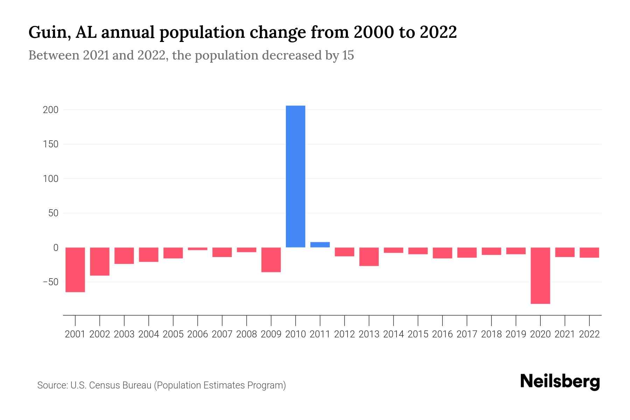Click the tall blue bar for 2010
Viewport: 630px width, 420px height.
click(295, 176)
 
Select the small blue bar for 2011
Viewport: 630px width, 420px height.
click(320, 245)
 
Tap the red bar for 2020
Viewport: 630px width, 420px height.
click(540, 275)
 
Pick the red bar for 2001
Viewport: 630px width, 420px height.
click(75, 269)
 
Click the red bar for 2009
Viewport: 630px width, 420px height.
click(271, 260)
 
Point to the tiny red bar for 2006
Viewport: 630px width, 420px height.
click(197, 249)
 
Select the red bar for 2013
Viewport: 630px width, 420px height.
click(369, 257)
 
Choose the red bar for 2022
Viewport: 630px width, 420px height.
click(589, 252)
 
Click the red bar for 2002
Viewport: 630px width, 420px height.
click(100, 261)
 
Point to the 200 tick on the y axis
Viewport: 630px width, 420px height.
click(50, 110)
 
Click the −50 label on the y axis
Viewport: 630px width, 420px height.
click(50, 282)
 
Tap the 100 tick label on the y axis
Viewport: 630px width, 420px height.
click(50, 179)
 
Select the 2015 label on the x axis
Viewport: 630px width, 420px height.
click(418, 334)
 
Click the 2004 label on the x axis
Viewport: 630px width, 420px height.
click(148, 334)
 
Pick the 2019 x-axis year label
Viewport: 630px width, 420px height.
click(516, 334)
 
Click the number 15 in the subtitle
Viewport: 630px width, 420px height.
click(348, 55)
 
